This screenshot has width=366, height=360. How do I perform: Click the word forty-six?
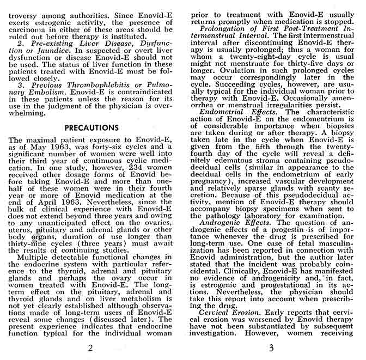tap(96, 163)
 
